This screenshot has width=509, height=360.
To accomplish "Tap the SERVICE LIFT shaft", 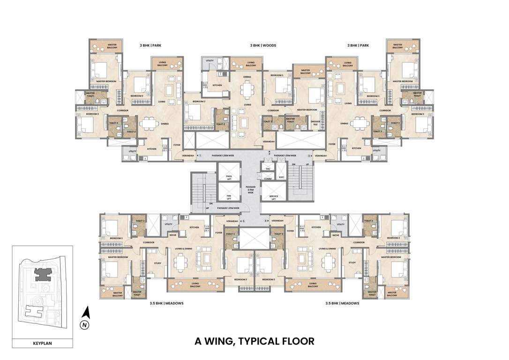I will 270,197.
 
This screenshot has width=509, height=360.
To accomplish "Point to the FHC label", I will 268,168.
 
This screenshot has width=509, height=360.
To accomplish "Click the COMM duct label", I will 268,179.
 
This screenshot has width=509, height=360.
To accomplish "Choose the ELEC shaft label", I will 281,177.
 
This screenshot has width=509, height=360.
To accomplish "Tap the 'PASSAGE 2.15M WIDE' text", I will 250,189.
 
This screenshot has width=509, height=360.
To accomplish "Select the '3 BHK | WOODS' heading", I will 263,45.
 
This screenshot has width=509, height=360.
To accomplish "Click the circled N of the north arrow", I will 84,324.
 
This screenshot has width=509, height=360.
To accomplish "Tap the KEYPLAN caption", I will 42,343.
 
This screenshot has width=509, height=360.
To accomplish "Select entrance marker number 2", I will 269,153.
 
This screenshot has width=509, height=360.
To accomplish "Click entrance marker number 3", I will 309,155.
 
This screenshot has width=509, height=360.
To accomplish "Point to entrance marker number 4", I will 266,220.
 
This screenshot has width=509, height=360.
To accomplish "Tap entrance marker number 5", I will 243,220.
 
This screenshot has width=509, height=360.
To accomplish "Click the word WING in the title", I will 220,341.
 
